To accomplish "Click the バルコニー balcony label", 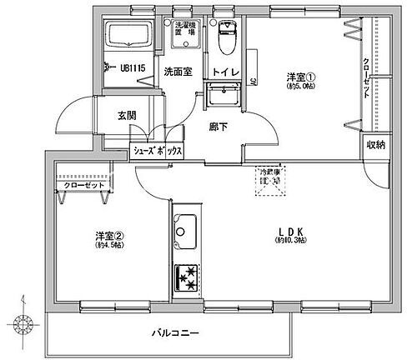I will tap(174, 333).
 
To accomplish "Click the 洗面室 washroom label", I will tap(177, 71).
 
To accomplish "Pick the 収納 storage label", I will tap(375, 145).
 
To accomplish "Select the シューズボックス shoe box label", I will tap(158, 152).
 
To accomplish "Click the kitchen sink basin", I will tap(185, 227).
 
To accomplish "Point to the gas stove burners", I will tap(185, 277).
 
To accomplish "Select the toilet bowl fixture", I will tap(224, 37).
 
